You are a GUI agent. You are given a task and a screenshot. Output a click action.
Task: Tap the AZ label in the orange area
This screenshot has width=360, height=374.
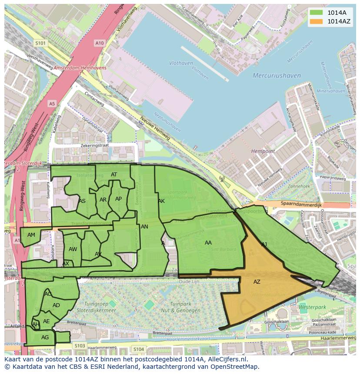click(x=257, y=282)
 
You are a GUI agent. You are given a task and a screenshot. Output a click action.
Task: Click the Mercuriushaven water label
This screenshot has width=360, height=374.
click(x=277, y=76)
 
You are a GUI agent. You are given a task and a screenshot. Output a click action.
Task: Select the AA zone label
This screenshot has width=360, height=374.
click(x=208, y=243)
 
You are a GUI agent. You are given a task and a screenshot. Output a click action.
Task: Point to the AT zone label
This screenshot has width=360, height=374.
click(x=114, y=175)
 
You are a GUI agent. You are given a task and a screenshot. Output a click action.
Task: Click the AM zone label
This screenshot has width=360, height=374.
click(x=31, y=235)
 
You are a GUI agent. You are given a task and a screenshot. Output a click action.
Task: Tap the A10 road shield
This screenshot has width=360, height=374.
click(x=100, y=43)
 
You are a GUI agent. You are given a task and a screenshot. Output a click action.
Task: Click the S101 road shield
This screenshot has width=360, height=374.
click(x=40, y=43)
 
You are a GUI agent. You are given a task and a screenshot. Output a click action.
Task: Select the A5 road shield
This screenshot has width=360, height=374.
click(x=52, y=104)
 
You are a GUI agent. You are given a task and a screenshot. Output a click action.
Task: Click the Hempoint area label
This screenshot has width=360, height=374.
click(x=263, y=151)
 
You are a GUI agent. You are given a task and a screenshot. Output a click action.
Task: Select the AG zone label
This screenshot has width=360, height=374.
click(x=45, y=338)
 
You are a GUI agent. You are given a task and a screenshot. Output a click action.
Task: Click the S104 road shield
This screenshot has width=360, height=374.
click(x=139, y=349)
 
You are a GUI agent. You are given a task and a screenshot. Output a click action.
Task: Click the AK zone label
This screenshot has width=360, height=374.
click(x=161, y=201)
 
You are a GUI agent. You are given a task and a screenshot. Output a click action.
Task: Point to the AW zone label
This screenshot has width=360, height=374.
click(x=73, y=249)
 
